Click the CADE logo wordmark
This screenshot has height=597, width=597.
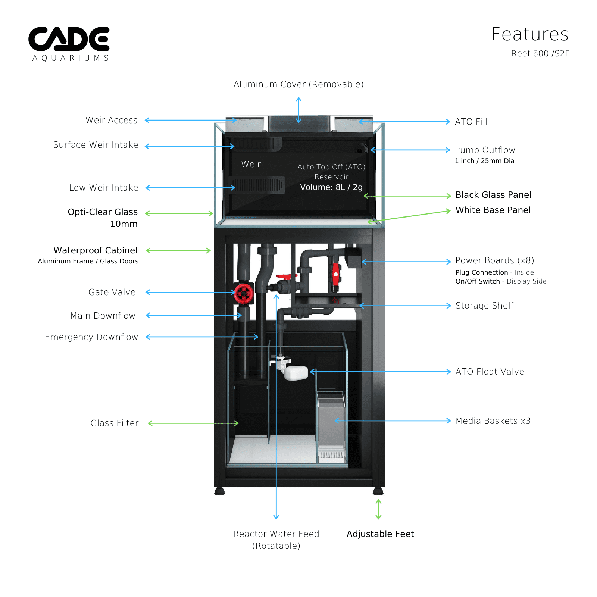[69, 39]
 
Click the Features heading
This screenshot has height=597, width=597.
[529, 34]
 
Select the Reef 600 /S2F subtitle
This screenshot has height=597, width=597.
[540, 54]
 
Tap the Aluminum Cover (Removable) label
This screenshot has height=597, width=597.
[298, 84]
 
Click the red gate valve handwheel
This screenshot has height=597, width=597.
[244, 293]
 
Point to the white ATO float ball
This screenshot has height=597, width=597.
[296, 373]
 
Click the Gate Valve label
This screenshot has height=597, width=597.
[112, 292]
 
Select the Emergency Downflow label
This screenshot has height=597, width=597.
[91, 337]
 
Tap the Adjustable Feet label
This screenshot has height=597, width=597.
[380, 534]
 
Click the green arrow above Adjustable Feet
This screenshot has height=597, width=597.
[378, 509]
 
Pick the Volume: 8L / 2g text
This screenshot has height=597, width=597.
[331, 187]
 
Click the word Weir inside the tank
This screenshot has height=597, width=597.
[251, 164]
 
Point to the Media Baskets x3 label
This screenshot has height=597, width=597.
[493, 421]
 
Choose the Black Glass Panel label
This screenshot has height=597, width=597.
[493, 195]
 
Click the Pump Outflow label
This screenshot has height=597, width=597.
[485, 150]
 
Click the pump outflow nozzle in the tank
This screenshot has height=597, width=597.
[360, 150]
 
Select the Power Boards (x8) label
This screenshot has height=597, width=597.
[494, 260]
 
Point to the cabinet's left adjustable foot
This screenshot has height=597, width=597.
[220, 491]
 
